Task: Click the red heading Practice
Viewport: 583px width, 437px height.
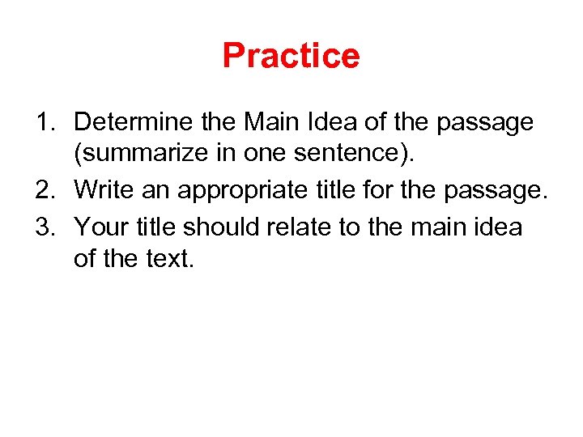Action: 291,55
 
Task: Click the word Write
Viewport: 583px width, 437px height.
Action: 101,191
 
